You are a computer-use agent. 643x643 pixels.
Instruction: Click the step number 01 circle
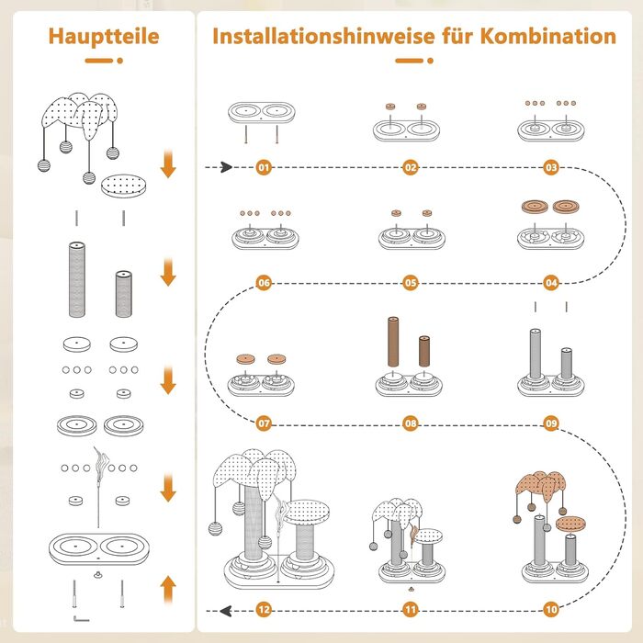tap(265, 168)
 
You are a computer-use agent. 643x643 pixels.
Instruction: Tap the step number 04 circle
tap(552, 283)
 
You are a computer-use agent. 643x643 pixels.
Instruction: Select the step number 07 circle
tap(265, 424)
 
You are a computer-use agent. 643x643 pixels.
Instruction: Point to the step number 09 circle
tap(552, 424)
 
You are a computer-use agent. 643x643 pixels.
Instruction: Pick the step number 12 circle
tap(265, 609)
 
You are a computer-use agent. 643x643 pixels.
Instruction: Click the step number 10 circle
tap(552, 609)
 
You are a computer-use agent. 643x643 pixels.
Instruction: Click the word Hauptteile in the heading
tap(103, 37)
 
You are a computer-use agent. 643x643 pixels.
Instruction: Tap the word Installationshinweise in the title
tap(313, 37)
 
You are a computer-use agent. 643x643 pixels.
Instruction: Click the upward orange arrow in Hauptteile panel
tap(168, 588)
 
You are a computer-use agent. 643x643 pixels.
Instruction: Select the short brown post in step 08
tap(424, 353)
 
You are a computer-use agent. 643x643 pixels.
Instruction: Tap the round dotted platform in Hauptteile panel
tap(124, 186)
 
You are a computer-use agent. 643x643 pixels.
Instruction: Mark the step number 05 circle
tap(409, 283)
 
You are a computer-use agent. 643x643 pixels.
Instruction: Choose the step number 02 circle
tap(409, 168)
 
